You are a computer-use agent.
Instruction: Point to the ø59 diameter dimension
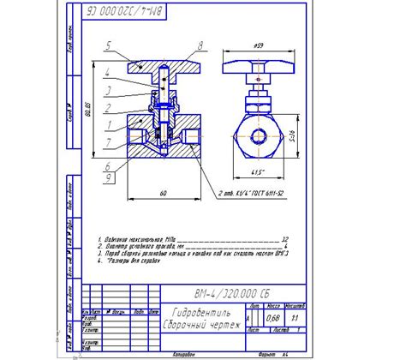tap(258, 45)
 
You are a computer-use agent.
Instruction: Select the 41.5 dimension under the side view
tap(258, 175)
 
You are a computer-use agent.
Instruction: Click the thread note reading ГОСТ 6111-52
tap(262, 196)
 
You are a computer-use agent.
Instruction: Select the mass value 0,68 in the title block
tap(272, 320)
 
